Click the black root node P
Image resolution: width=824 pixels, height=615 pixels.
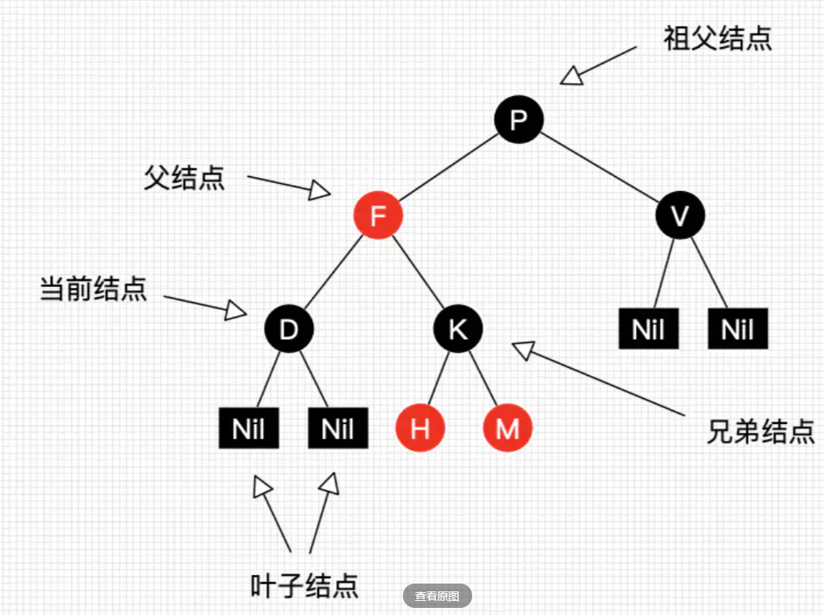519,120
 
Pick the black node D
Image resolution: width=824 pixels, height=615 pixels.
289,329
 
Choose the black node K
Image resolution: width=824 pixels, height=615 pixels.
458,329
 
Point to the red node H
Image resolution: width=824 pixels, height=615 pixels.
420,429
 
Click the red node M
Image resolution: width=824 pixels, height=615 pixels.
508,429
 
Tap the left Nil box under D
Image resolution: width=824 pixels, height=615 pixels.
249,429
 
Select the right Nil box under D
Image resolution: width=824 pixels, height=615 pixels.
338,429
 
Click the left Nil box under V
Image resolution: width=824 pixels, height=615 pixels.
648,329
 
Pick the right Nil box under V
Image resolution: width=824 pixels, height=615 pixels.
737,329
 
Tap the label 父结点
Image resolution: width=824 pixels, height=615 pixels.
184,177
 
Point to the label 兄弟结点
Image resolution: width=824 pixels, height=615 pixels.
759,432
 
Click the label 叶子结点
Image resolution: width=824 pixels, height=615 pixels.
304,585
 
